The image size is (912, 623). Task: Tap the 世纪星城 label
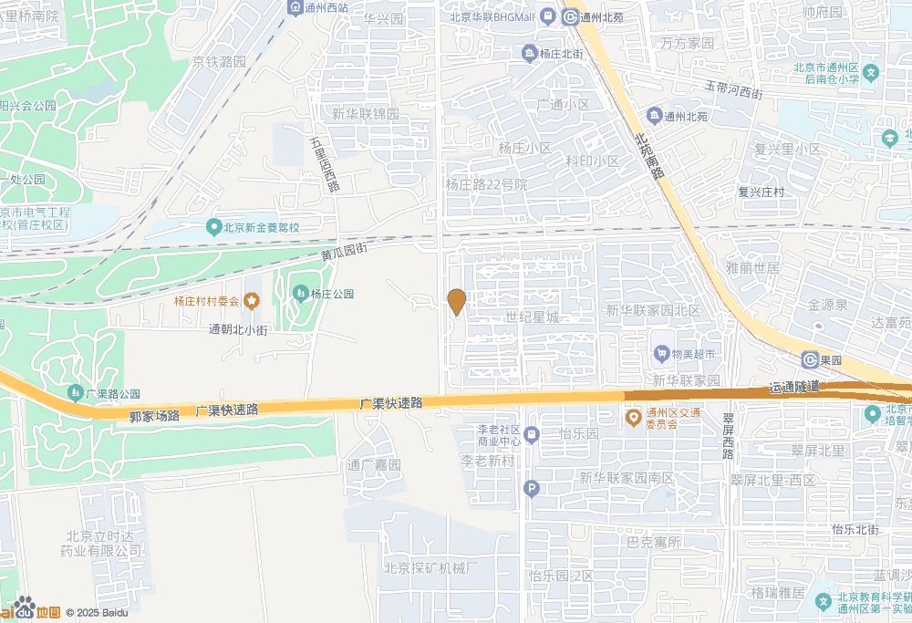coord(532,317)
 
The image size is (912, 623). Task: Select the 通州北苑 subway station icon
coord(570,16)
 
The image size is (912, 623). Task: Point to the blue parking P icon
coord(532,490)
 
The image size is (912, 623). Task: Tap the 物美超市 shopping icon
coord(661,353)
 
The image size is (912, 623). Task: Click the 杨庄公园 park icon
coord(300,293)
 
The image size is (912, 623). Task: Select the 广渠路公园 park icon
coord(75,393)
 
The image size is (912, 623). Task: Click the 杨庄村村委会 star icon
coord(251,300)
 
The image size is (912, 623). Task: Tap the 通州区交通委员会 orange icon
coord(632,418)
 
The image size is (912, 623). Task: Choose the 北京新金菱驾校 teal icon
coord(213,227)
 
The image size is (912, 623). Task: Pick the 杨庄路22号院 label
coord(486,184)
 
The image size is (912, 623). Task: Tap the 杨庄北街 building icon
coord(529,55)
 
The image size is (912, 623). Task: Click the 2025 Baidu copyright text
coord(96,612)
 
